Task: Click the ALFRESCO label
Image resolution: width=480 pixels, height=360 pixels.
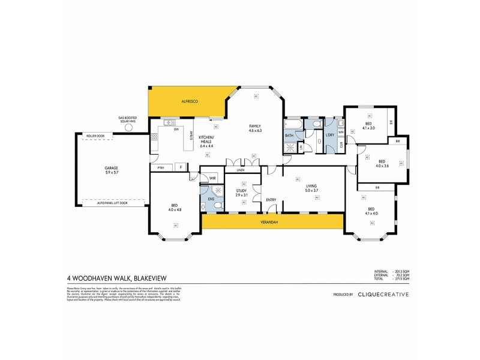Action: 190,103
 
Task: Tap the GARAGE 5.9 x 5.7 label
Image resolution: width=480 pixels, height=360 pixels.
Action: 112,170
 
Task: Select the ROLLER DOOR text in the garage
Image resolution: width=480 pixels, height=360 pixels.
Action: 95,136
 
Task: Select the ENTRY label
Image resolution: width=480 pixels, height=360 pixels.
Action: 271,200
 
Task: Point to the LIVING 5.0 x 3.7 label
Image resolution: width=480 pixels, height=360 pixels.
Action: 311,188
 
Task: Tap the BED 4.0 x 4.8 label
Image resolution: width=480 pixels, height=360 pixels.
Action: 176,208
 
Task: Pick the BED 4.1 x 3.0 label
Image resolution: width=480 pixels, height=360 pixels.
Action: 368,126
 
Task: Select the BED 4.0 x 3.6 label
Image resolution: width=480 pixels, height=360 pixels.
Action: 382,163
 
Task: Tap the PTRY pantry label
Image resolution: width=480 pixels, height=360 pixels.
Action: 161,167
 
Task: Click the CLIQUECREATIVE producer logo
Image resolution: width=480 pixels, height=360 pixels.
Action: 383,294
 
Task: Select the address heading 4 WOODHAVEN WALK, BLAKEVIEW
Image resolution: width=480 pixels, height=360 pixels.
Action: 116,278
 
